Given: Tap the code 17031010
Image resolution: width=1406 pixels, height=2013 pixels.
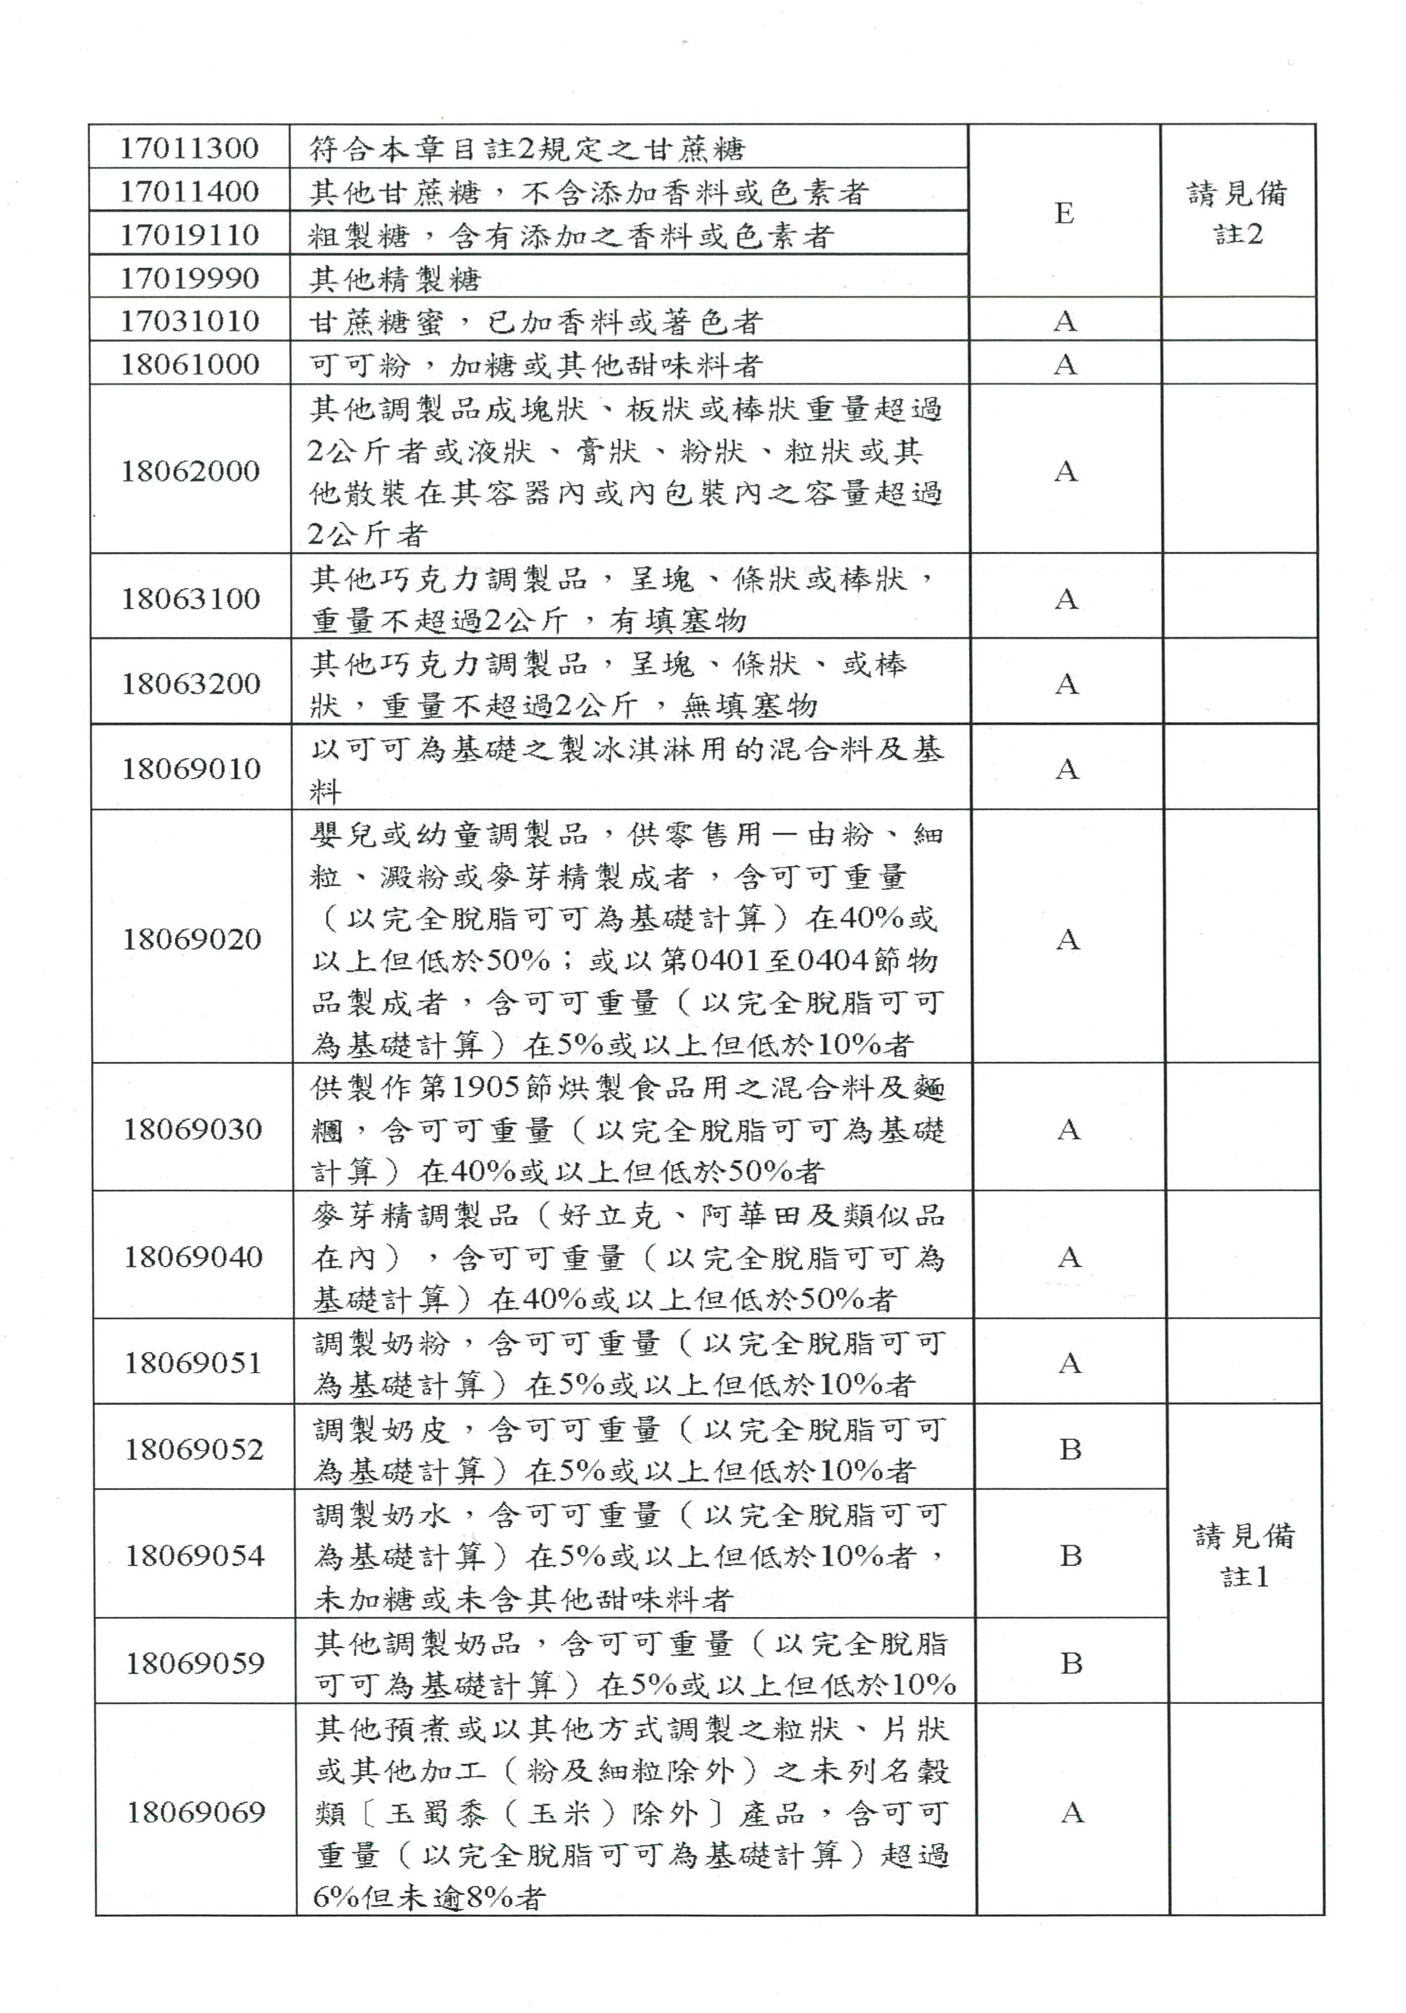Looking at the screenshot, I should click(x=189, y=321).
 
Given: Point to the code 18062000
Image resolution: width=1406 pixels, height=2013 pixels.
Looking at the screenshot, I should click(x=190, y=471).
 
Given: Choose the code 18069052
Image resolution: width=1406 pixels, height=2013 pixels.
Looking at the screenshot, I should click(x=194, y=1449).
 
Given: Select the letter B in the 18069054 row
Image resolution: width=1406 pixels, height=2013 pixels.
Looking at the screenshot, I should click(x=1070, y=1555).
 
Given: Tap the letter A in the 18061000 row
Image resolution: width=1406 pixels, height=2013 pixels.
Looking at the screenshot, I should click(x=1065, y=364).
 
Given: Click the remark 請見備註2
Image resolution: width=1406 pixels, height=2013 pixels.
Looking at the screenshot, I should click(x=1237, y=213).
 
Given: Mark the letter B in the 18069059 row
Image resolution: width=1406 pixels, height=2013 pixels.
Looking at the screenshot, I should click(x=1071, y=1662).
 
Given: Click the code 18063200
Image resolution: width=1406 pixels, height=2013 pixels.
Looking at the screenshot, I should click(x=191, y=683).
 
